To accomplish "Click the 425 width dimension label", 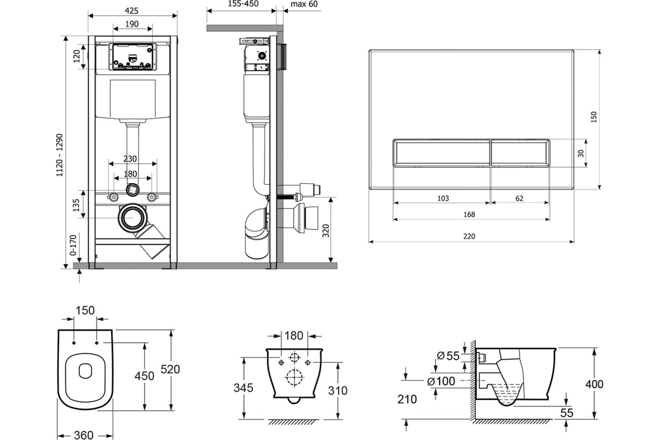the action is (x=131, y=11).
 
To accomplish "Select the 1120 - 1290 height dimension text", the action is (x=59, y=155).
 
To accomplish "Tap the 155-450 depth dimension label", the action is (x=243, y=4).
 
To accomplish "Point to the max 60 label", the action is (x=304, y=4).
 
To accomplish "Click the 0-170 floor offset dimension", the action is (x=73, y=245).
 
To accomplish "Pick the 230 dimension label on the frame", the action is (x=130, y=159).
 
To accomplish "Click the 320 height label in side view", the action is (x=326, y=231).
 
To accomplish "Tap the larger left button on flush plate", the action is (x=442, y=153).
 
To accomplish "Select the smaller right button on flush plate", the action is (x=520, y=153).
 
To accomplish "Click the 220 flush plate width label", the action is (x=469, y=237).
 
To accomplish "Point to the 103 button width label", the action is (x=443, y=199).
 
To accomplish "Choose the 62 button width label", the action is (x=519, y=199).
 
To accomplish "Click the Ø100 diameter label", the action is (x=441, y=381).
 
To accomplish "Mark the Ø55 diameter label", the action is (x=448, y=356).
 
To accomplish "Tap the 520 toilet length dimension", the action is (x=170, y=369).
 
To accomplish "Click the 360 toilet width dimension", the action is (x=84, y=435).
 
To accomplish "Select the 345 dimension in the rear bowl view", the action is (x=243, y=388).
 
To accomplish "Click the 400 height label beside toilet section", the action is (x=595, y=384).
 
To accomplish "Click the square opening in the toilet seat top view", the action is (x=85, y=371).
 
